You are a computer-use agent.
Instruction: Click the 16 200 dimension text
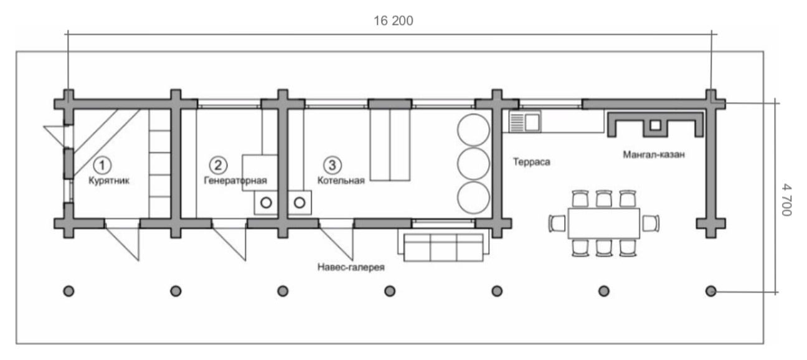pyautogui.click(x=393, y=21)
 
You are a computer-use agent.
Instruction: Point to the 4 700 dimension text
pyautogui.click(x=786, y=200)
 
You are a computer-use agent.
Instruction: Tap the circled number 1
pyautogui.click(x=102, y=166)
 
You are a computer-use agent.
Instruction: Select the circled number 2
pyautogui.click(x=219, y=166)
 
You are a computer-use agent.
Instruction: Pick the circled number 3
pyautogui.click(x=332, y=165)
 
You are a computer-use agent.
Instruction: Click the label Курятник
pyautogui.click(x=109, y=181)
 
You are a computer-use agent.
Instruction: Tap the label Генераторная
pyautogui.click(x=235, y=181)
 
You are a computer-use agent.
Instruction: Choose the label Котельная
pyautogui.click(x=341, y=181)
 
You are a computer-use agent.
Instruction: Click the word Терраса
pyautogui.click(x=531, y=162)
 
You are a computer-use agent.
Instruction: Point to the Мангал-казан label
pyautogui.click(x=654, y=154)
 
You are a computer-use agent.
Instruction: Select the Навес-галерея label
pyautogui.click(x=351, y=267)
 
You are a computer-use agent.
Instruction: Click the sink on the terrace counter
pyautogui.click(x=525, y=122)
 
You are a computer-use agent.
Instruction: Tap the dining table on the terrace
pyautogui.click(x=604, y=224)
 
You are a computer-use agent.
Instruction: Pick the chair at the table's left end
pyautogui.click(x=558, y=224)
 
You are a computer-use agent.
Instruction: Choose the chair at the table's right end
pyautogui.click(x=651, y=224)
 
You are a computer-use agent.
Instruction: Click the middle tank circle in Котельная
pyautogui.click(x=473, y=164)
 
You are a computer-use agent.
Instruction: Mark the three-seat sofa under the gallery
pyautogui.click(x=443, y=247)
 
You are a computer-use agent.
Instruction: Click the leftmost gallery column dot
pyautogui.click(x=69, y=291)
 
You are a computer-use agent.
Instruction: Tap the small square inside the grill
pyautogui.click(x=655, y=125)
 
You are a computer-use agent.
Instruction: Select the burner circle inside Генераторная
pyautogui.click(x=267, y=203)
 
